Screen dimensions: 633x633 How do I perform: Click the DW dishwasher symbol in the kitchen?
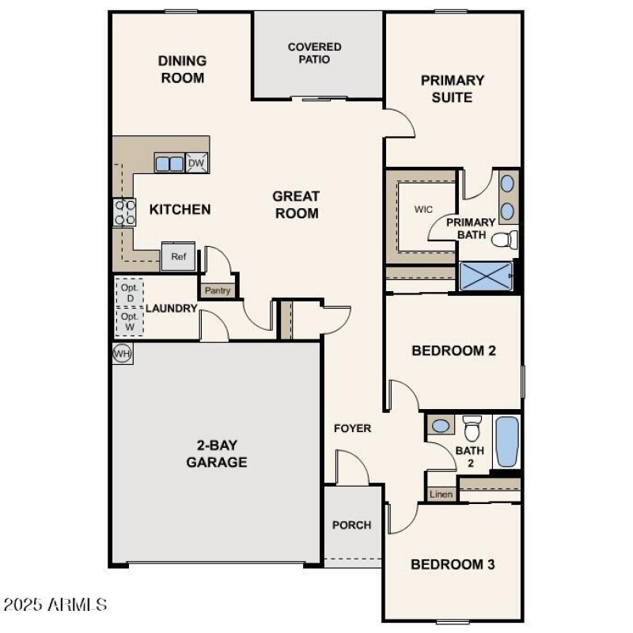196,163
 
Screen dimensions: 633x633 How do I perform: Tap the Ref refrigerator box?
178,256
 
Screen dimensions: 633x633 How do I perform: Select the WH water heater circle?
122,353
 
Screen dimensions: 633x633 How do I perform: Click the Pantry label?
218,290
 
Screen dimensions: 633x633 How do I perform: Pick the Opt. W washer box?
129,320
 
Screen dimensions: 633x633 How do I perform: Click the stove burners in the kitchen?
125,211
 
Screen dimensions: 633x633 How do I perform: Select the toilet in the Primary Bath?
504,240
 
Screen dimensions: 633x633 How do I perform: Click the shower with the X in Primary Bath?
486,277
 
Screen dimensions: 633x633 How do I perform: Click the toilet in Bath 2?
472,428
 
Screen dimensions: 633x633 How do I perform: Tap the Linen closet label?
442,495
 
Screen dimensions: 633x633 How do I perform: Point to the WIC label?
423,210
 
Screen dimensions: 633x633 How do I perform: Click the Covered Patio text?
314,53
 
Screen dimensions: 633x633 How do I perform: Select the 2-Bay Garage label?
216,453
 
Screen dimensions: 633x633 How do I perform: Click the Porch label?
351,525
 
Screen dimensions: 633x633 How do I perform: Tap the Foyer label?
352,428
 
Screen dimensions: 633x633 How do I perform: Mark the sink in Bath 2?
441,426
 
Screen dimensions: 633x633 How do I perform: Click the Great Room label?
296,204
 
